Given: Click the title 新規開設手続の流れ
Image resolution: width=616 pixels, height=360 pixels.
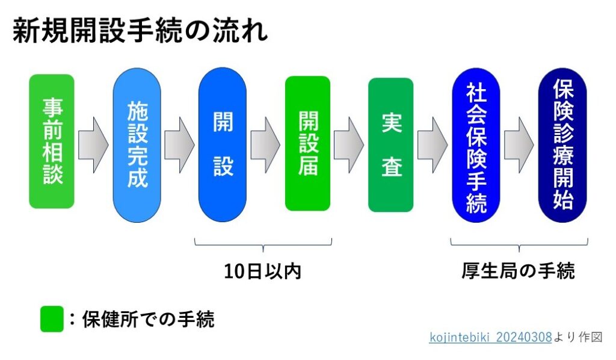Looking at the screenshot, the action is tap(140, 30).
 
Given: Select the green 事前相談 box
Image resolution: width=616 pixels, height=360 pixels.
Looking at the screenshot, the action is tap(52, 141).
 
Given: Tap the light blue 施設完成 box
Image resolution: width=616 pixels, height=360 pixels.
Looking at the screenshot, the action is tap(137, 145).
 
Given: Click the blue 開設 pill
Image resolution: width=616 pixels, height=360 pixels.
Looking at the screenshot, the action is tap(223, 144).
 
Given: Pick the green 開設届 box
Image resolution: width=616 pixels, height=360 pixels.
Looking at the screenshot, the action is tap(307, 143).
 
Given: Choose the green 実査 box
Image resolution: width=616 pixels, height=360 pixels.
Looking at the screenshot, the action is tap(391, 144).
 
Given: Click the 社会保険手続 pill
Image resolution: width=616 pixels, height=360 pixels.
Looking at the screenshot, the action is tap(476, 145).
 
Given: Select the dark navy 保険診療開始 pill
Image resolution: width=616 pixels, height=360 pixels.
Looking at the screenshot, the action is tap(562, 145).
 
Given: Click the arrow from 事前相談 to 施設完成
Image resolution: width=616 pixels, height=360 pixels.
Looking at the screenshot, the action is tap(93, 144).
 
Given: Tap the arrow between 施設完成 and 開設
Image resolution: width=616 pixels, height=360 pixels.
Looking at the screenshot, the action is tap(179, 144).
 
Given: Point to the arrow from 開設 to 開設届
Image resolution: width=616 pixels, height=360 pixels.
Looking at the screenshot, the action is tap(265, 144).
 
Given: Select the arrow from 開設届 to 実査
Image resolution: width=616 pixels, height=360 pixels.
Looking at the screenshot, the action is tap(349, 144).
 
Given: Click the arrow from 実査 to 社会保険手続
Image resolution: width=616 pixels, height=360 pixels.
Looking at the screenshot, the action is tap(433, 144).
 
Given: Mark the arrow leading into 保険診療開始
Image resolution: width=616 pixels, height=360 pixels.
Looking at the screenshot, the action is tap(519, 144).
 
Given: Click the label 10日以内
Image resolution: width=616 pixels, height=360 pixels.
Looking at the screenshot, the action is tap(262, 271).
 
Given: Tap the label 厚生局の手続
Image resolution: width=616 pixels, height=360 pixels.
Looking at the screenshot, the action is tap(518, 271).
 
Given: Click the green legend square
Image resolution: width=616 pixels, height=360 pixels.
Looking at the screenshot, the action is tap(52, 319).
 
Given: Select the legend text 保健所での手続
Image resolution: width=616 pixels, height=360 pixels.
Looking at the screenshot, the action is tap(148, 319).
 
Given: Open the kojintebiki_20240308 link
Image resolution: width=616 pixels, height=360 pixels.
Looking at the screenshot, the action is tap(491, 337).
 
